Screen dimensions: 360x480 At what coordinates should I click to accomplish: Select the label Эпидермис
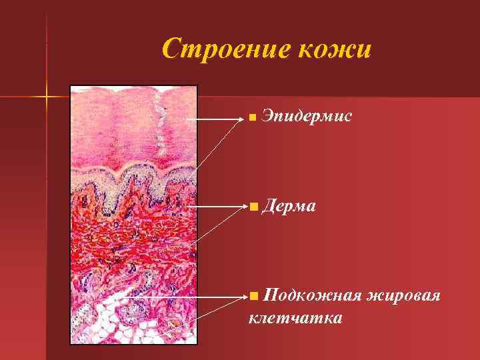point(303,117)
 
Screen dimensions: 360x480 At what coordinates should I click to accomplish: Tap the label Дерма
point(289,207)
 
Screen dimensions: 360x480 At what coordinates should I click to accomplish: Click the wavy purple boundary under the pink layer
point(133,177)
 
